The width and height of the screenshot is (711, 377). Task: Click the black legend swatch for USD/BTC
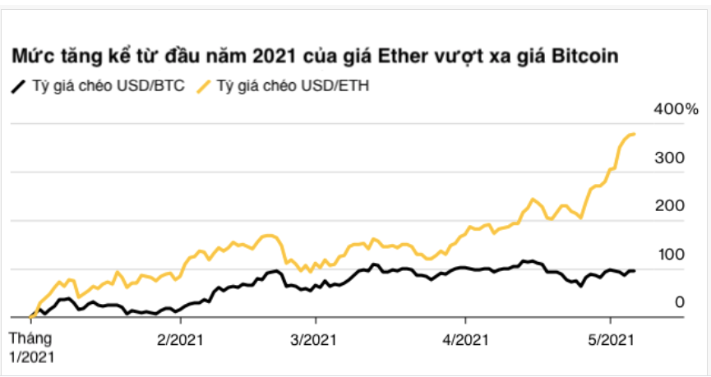(18, 85)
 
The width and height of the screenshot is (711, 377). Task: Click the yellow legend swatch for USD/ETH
(203, 85)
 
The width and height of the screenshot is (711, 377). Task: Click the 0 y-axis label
(679, 301)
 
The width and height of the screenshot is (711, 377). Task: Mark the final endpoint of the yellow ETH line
(635, 134)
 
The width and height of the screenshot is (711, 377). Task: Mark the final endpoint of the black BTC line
(634, 271)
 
